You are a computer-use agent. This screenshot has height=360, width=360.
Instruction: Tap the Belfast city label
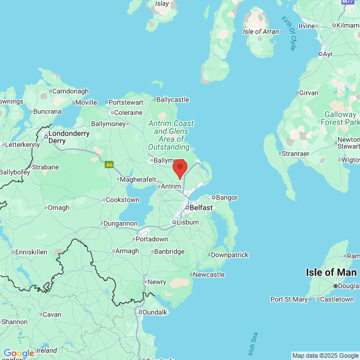tap(201, 208)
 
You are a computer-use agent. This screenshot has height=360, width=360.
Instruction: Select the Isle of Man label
tap(331, 272)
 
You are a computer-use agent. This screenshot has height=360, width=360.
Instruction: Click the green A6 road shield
tap(109, 165)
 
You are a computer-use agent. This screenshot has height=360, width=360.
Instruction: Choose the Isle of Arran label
tap(260, 31)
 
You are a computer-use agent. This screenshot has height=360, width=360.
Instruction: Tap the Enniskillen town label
tap(31, 251)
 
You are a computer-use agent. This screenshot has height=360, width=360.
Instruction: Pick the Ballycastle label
tap(172, 100)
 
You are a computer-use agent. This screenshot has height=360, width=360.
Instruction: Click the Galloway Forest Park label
tap(340, 114)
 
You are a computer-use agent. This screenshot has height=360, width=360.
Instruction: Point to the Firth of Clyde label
tap(289, 33)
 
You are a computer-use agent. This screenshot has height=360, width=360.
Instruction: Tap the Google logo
tap(19, 353)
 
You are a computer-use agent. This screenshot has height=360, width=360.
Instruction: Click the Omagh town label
tap(58, 208)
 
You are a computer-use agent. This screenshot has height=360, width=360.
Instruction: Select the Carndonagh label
tap(70, 91)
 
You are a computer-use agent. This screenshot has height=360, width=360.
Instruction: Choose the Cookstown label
tap(123, 199)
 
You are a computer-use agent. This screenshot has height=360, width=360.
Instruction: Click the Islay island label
tap(162, 3)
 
